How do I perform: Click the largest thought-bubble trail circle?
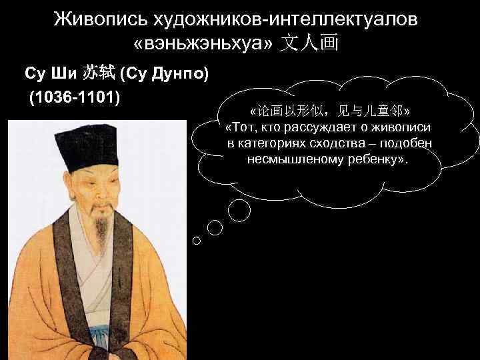pos(240,209)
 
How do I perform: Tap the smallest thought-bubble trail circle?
pos(196,241)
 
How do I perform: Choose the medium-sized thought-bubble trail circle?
pos(215,227)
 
